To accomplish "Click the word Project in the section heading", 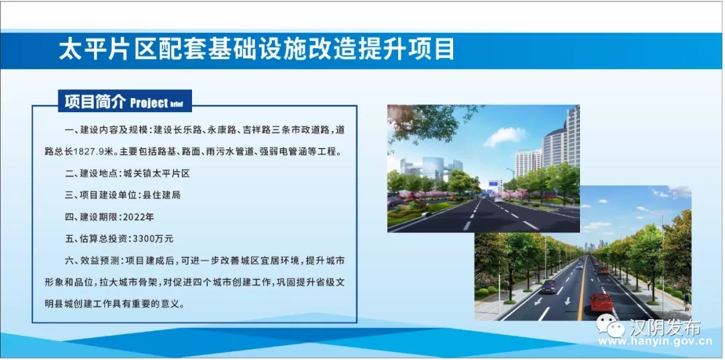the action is pyautogui.click(x=149, y=103).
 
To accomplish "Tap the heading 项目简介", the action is pyautogui.click(x=95, y=102).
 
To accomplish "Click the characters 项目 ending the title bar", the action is pyautogui.click(x=433, y=50).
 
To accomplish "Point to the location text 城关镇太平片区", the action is pyautogui.click(x=156, y=173).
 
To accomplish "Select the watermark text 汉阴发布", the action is pyautogui.click(x=664, y=327).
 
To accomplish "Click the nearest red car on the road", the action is pyautogui.click(x=601, y=302).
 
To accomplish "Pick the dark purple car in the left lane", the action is pyautogui.click(x=549, y=287).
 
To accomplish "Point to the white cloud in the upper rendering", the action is pyautogui.click(x=505, y=136).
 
